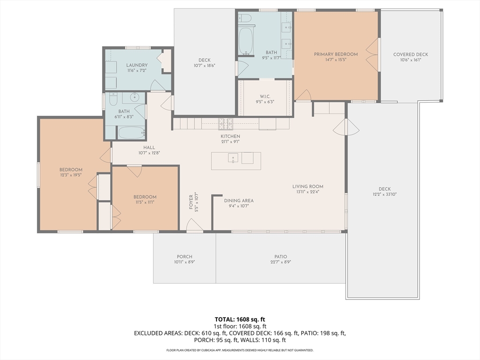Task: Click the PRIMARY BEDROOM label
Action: click(336, 54)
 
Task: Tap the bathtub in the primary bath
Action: click(246, 41)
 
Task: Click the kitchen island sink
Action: click(233, 158)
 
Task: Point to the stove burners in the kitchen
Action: click(225, 124)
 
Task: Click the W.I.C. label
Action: click(265, 97)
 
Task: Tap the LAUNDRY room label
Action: click(137, 65)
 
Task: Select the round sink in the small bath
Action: click(135, 97)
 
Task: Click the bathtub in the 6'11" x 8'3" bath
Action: click(131, 133)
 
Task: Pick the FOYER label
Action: click(191, 202)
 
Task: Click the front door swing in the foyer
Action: click(195, 225)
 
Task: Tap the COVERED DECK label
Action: click(411, 54)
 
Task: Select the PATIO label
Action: click(281, 256)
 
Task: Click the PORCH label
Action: click(185, 256)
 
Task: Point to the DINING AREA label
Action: click(239, 201)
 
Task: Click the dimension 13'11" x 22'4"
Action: click(307, 192)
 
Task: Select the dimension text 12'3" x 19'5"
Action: click(71, 175)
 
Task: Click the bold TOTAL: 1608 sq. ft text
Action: click(240, 320)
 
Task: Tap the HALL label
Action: click(149, 147)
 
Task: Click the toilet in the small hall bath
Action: click(113, 99)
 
